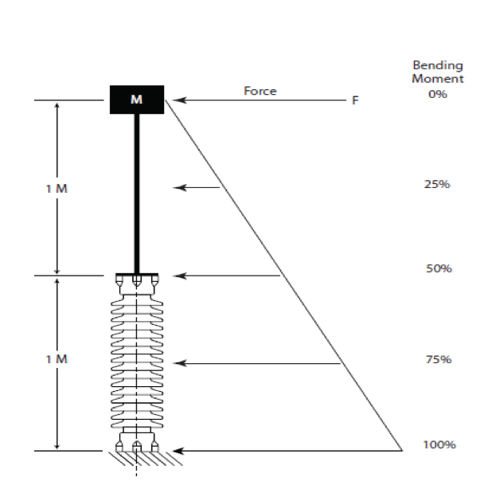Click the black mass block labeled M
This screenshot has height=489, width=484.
137,100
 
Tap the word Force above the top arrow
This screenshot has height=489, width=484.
260,91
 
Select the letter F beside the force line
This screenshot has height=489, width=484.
355,100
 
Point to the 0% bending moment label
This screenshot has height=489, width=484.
438,94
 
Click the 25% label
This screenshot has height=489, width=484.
437,184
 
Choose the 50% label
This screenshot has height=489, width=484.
439,268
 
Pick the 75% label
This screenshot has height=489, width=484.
439,359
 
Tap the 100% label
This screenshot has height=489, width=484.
439,444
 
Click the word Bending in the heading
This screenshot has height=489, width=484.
438,66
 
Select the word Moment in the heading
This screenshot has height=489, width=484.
438,79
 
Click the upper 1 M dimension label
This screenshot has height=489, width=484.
57,189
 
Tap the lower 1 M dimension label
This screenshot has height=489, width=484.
57,359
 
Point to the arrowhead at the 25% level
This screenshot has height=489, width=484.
180,187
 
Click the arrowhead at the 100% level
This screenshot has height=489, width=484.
180,451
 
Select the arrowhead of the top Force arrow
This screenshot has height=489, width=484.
180,100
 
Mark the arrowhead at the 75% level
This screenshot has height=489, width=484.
180,363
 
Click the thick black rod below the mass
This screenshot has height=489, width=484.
137,194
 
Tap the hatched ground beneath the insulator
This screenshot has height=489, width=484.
146,459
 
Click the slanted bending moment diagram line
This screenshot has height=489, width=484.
283,276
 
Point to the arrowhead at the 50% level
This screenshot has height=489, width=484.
180,276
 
